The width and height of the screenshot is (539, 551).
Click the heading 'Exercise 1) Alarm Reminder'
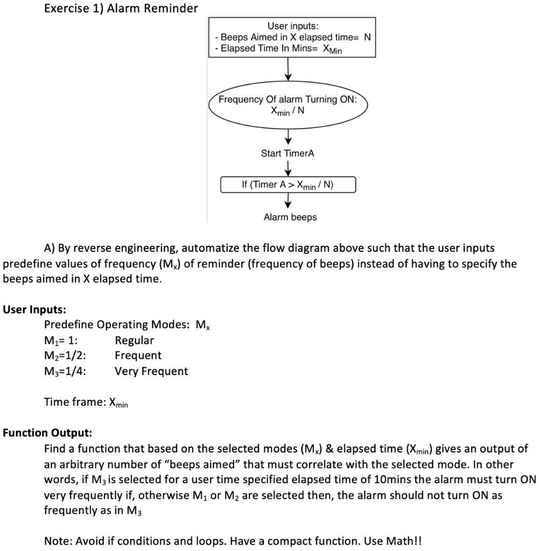121,9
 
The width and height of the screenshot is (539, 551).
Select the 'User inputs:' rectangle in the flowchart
292,38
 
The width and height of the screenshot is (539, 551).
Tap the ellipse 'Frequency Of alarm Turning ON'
292,105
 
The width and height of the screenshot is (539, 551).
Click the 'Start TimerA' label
288,154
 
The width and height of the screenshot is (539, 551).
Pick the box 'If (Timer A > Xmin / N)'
288,185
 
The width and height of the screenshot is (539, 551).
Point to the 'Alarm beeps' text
290,217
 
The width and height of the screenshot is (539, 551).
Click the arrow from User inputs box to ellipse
289,68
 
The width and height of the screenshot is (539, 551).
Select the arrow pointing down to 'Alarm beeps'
288,200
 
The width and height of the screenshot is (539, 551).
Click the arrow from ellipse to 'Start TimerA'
289,136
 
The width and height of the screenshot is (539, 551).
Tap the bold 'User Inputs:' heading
34,309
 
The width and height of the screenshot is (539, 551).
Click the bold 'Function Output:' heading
47,433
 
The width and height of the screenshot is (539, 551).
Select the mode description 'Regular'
134,341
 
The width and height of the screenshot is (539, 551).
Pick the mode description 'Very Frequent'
151,371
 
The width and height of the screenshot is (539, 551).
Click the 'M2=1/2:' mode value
65,356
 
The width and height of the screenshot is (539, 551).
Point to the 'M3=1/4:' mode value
65,371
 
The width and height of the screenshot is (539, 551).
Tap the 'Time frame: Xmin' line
86,402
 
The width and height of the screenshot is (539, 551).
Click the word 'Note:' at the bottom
57,541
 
